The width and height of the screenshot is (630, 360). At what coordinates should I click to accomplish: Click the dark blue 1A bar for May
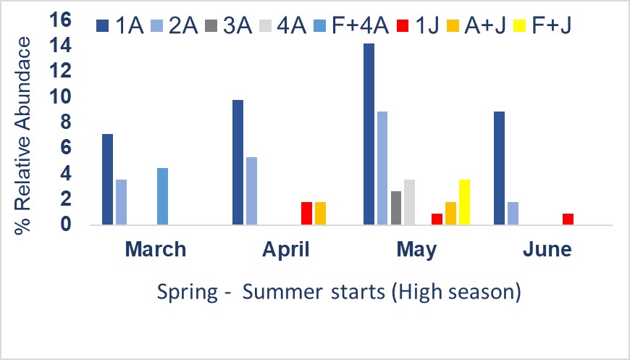(369, 134)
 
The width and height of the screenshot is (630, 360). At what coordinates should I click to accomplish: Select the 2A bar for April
(251, 191)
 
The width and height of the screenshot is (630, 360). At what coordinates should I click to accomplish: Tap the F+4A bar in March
(162, 196)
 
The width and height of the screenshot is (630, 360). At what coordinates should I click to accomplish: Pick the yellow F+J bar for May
(464, 202)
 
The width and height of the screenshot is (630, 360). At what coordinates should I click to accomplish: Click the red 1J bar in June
(568, 219)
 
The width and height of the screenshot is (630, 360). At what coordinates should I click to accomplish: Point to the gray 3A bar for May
(396, 208)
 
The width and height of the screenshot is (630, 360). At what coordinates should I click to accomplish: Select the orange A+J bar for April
(320, 214)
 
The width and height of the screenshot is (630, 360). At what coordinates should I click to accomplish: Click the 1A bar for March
(108, 179)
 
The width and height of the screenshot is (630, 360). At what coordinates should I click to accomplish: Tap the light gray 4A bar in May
(410, 202)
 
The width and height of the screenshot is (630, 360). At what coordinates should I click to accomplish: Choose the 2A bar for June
(513, 214)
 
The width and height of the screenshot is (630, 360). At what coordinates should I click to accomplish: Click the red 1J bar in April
(306, 214)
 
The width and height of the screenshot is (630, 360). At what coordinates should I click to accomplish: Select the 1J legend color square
(403, 26)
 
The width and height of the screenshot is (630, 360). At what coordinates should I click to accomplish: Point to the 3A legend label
(238, 26)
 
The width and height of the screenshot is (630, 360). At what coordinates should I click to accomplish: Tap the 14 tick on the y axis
(60, 46)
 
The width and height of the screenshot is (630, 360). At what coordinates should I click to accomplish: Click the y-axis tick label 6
(66, 148)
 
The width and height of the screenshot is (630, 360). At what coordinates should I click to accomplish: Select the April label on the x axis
(285, 250)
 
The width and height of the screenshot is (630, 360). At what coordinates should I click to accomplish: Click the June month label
(547, 249)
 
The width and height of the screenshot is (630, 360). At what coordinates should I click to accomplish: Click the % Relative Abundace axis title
(22, 135)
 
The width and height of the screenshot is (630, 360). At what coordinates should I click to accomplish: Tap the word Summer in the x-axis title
(282, 291)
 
